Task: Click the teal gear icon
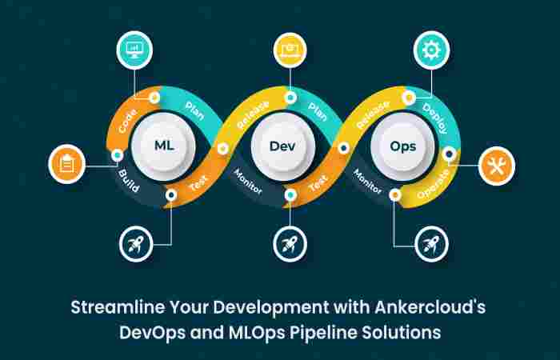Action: (x=431, y=51)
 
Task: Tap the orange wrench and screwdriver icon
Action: (x=497, y=166)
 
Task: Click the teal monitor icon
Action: (x=134, y=50)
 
